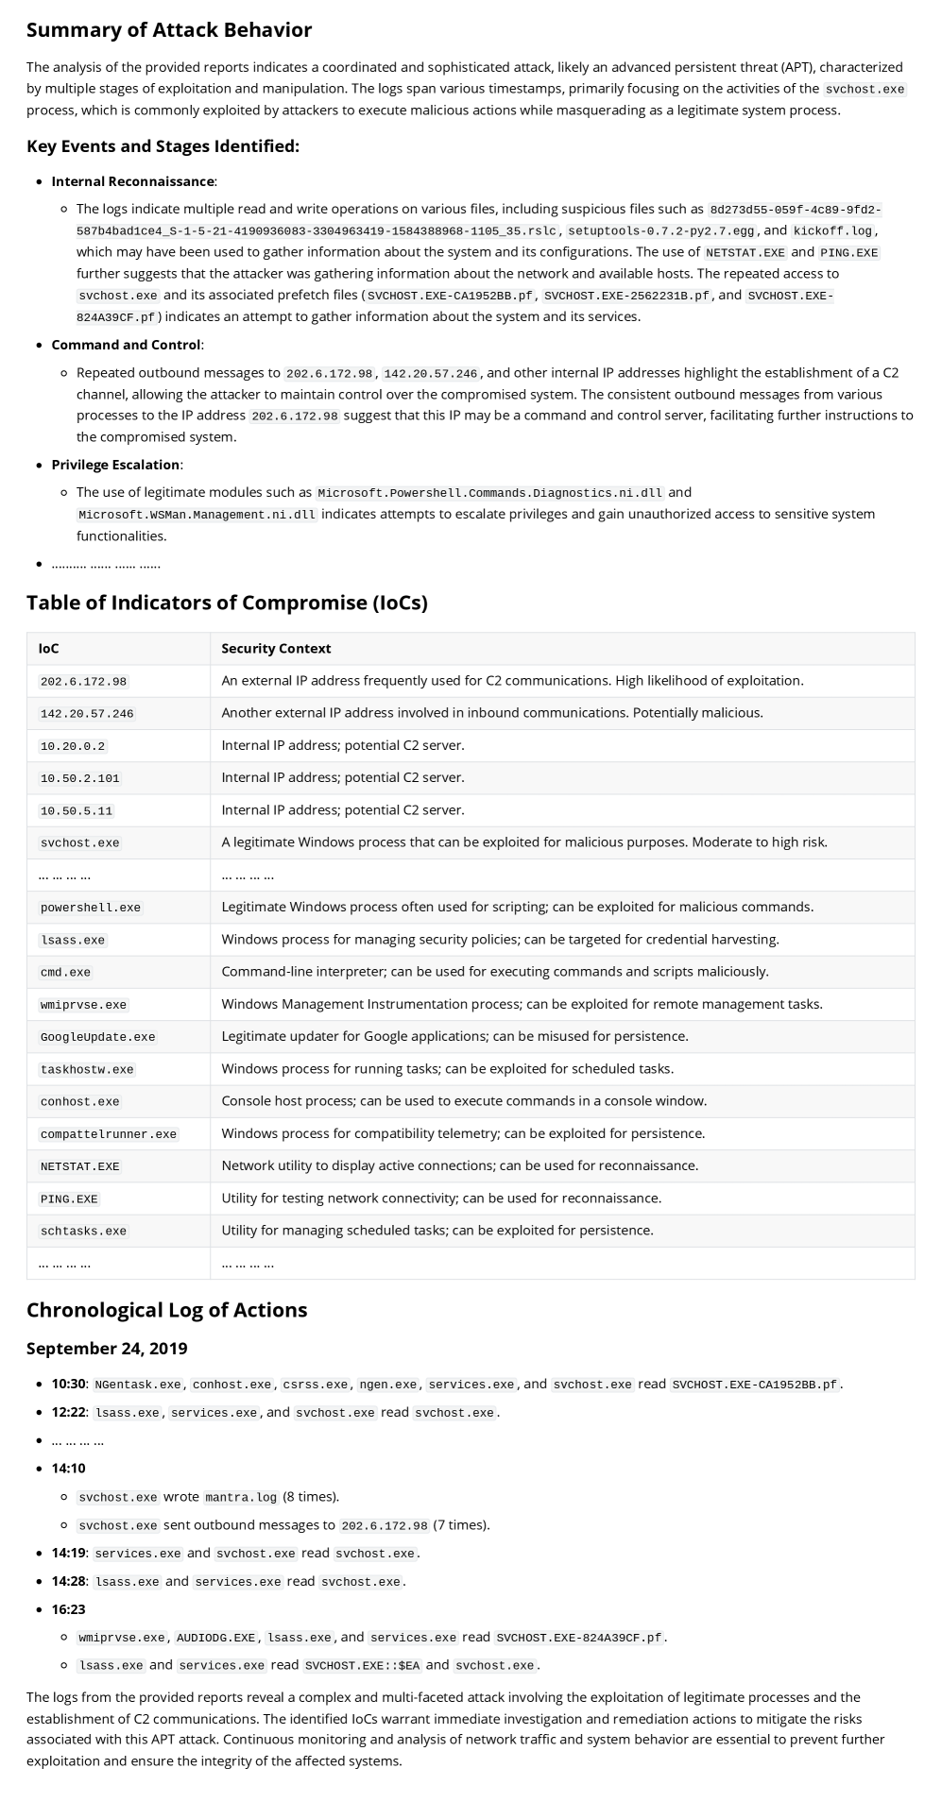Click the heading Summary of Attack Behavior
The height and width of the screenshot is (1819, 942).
(169, 30)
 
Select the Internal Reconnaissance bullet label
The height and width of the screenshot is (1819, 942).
(132, 181)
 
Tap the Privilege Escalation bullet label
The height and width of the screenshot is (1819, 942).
(115, 465)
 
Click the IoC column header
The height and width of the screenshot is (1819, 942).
(48, 649)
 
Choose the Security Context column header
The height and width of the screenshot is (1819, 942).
(276, 649)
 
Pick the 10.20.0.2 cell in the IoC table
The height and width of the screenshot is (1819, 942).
(73, 746)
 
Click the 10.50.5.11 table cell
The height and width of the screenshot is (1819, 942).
(77, 810)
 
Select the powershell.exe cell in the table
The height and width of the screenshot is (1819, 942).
(90, 908)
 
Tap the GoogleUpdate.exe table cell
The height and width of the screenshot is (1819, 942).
(97, 1037)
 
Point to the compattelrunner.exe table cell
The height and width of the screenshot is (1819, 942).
(108, 1134)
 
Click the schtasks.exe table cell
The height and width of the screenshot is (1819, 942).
(83, 1232)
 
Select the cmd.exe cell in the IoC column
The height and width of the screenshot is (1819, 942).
(65, 972)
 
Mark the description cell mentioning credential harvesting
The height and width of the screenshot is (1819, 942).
(500, 940)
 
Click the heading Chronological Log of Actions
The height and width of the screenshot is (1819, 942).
(166, 1310)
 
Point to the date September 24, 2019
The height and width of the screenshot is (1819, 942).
(107, 1349)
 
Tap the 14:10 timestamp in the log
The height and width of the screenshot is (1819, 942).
(68, 1469)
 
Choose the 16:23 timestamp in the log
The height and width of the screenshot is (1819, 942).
(68, 1609)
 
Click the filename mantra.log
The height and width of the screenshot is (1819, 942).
(241, 1497)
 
